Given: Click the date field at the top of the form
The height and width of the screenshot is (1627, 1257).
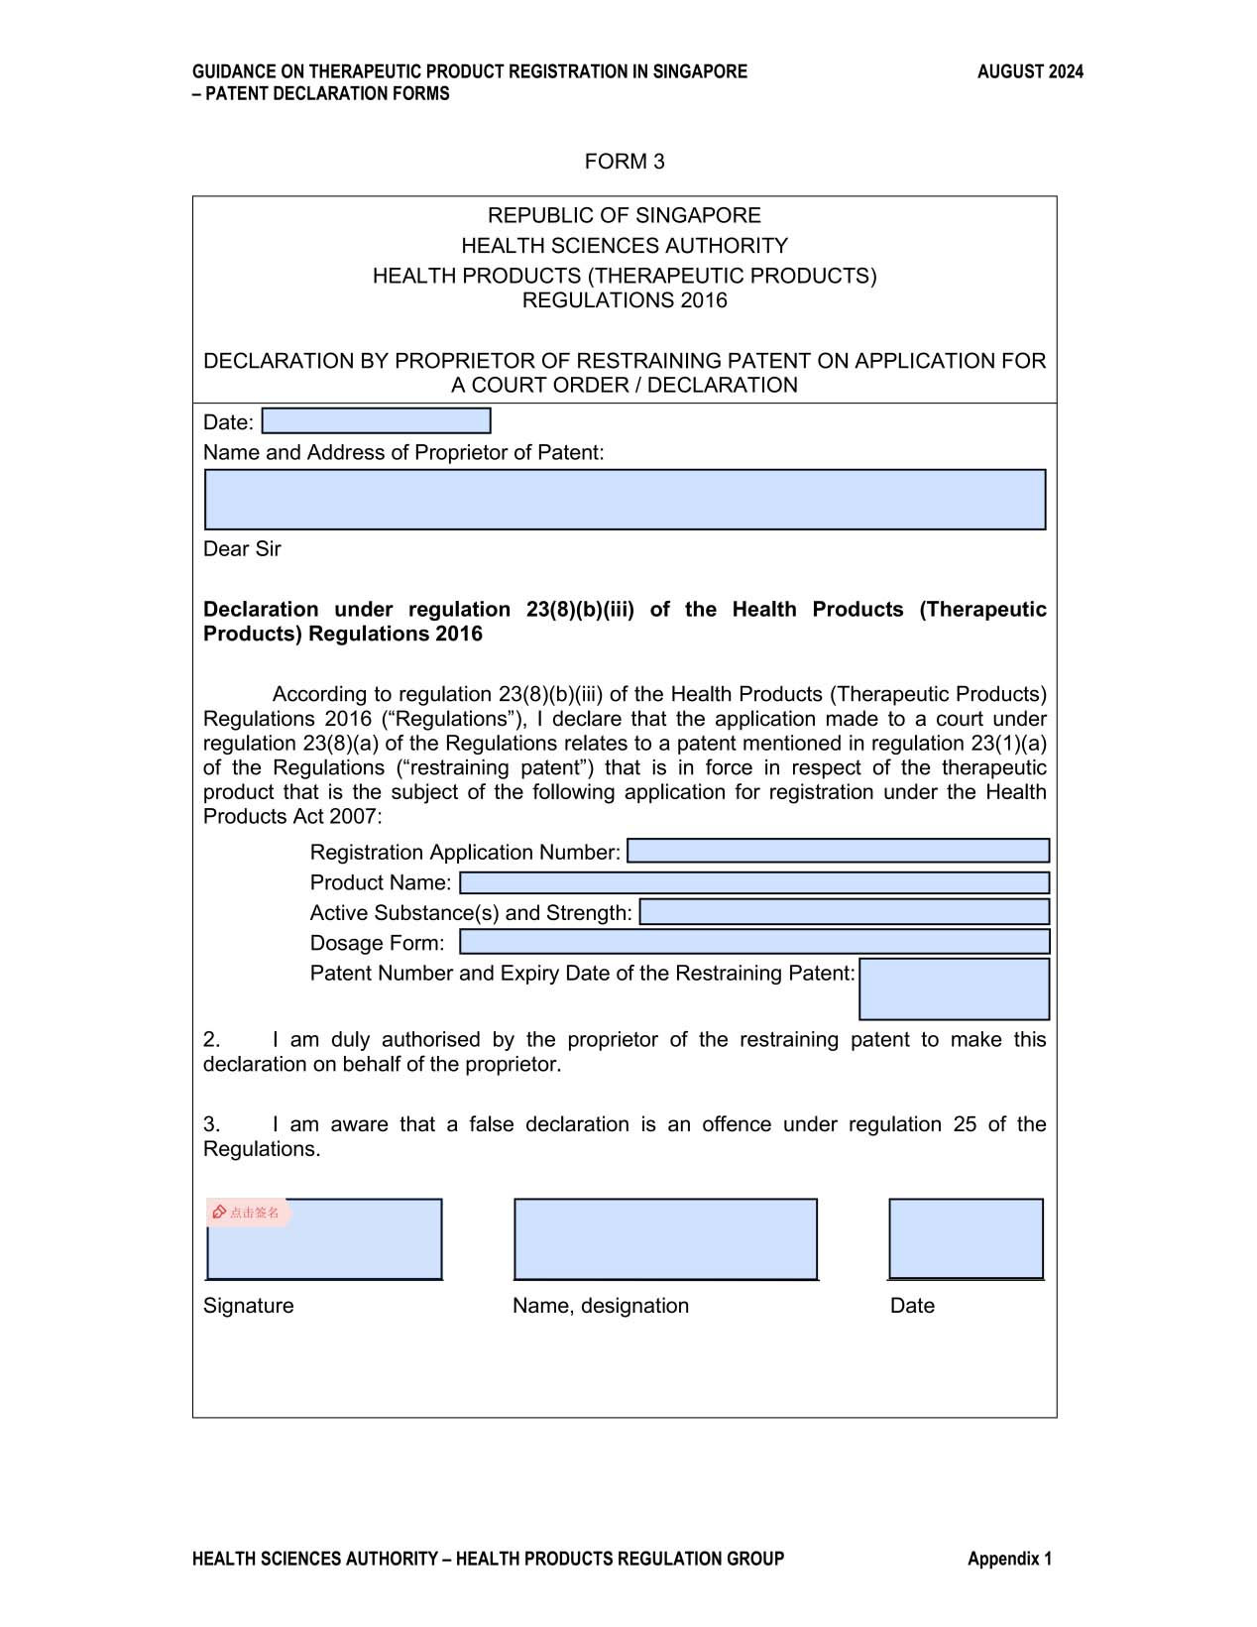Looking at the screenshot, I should (x=376, y=421).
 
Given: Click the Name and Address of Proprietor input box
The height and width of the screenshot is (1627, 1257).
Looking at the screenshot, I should (x=625, y=500).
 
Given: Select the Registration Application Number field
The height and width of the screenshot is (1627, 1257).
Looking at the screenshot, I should (x=838, y=851).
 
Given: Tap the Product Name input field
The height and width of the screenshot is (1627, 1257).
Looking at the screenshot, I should (x=754, y=882).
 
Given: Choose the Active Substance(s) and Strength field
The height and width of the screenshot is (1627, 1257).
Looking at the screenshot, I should (x=844, y=912).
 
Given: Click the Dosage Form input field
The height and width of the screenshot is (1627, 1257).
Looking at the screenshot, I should (x=754, y=942).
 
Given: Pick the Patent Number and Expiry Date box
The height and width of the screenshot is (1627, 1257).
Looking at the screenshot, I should (x=954, y=988).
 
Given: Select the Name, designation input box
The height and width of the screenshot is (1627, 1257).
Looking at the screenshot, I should (x=665, y=1239).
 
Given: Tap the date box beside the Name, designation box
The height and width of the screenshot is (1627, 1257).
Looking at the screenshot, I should (x=966, y=1239).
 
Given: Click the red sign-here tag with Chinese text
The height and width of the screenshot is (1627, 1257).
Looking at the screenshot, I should (x=248, y=1212).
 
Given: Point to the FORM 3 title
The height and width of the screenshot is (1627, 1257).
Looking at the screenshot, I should (x=625, y=162).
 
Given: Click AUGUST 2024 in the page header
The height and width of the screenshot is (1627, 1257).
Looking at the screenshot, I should (x=1030, y=71).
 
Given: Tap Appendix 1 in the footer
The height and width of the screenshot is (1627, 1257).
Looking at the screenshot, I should (x=1009, y=1559).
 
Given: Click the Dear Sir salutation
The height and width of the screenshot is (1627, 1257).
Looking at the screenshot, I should (x=242, y=549).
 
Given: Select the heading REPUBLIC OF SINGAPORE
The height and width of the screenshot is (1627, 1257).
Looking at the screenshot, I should (x=625, y=215).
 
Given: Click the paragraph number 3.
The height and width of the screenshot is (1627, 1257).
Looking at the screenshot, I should (x=211, y=1124).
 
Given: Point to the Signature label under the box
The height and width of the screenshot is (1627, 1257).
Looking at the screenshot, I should (x=248, y=1306).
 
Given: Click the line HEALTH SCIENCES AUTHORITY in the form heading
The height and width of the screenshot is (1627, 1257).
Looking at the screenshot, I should (x=625, y=245).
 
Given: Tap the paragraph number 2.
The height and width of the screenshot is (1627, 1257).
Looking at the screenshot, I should (x=211, y=1039).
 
